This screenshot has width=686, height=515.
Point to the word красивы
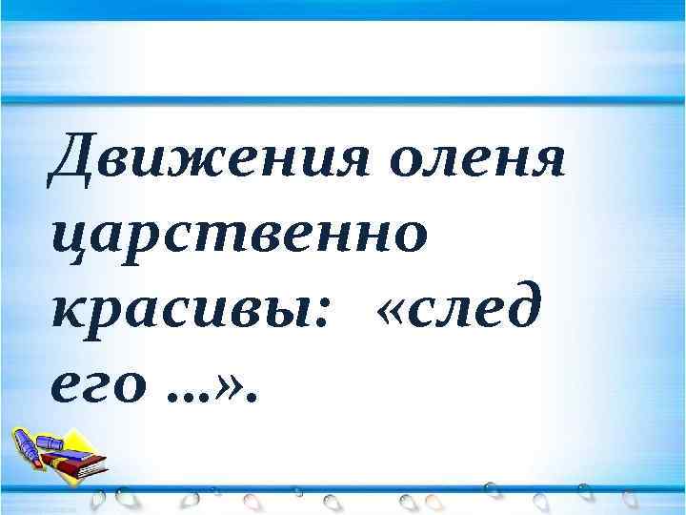tap(170, 307)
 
